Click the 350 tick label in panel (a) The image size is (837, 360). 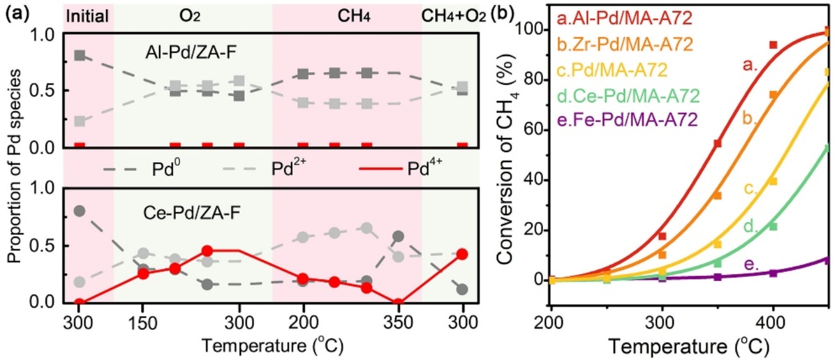398,322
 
